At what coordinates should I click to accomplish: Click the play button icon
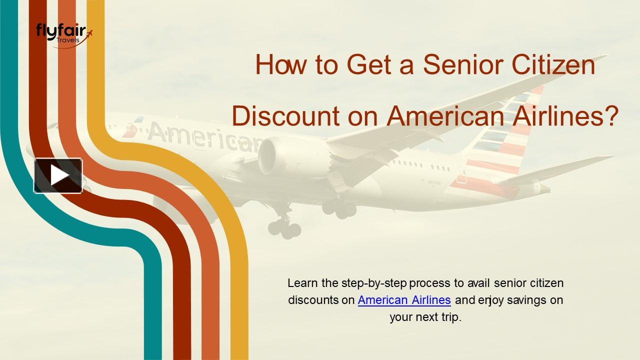58,175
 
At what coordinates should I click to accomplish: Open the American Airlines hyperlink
404,300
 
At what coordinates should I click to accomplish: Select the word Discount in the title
282,116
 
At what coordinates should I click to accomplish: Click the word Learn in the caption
303,283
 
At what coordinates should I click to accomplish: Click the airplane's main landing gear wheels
284,227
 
